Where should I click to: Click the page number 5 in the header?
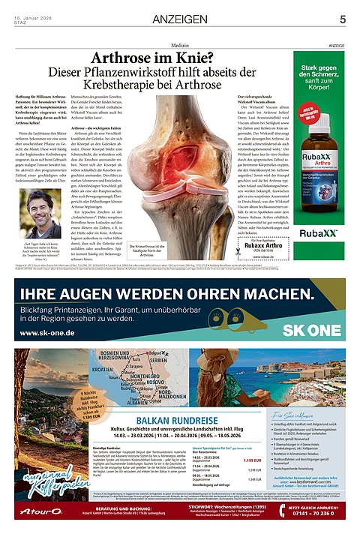tap(342, 19)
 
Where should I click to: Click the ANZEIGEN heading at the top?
tap(180, 19)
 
